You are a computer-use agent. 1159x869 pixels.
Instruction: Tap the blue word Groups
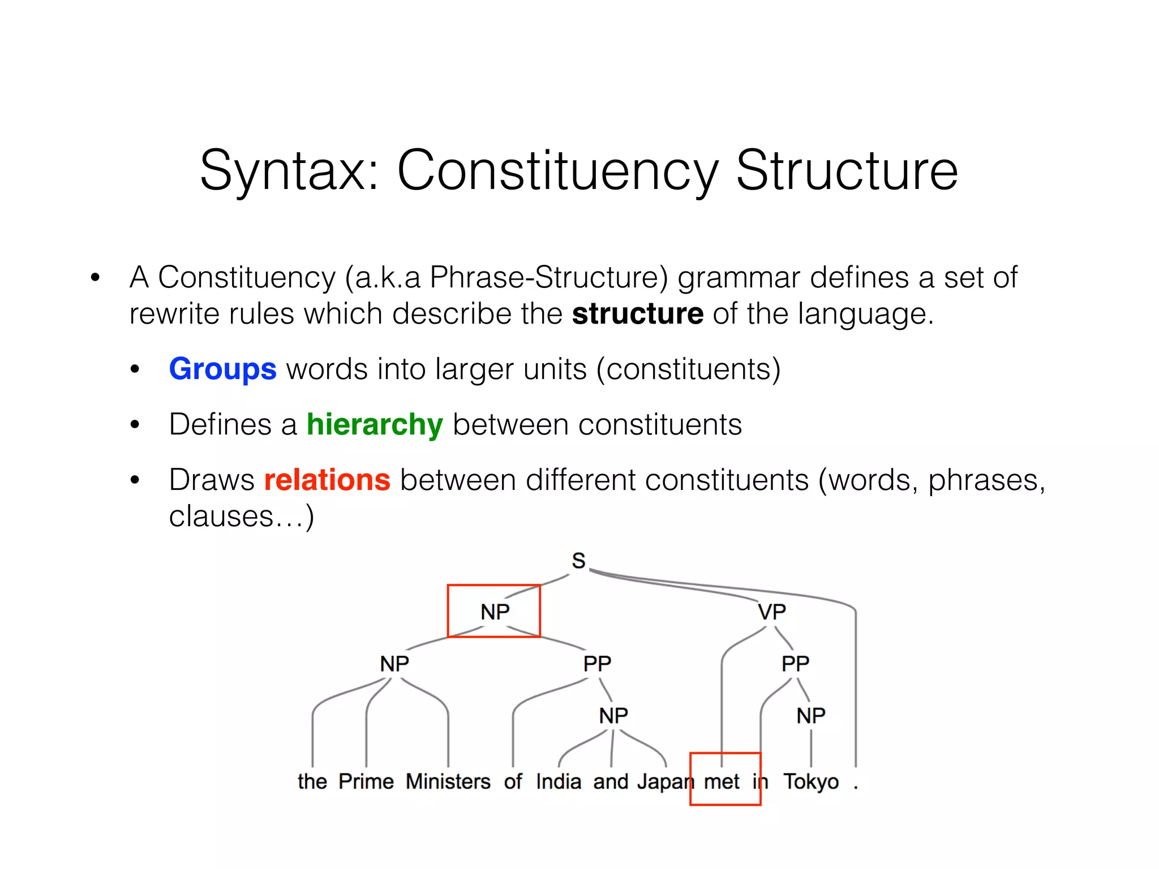coord(222,369)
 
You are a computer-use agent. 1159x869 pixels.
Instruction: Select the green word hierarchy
coord(374,424)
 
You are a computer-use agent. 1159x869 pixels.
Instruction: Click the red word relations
coord(327,480)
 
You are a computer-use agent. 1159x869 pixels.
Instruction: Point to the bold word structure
coord(638,313)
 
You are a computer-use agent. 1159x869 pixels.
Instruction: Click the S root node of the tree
coord(578,561)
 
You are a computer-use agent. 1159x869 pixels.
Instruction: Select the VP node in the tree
coord(772,612)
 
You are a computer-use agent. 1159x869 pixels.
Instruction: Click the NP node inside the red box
coord(495,612)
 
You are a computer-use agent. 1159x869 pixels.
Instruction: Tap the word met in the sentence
coord(722,781)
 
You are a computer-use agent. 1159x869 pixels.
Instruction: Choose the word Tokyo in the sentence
coord(811,781)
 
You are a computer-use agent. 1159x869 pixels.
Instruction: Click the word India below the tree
coord(559,781)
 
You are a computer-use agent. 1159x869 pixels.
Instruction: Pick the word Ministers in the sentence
coord(448,781)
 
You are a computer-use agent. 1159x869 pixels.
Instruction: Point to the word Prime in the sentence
coord(366,781)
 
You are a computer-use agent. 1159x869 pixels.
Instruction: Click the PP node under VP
coord(795,663)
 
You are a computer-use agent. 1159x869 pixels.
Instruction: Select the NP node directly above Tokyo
coord(811,716)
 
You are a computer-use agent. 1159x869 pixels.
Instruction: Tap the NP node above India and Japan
coord(613,716)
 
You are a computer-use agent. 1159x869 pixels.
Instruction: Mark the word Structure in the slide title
coord(847,170)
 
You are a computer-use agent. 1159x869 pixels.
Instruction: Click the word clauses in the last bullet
coord(221,516)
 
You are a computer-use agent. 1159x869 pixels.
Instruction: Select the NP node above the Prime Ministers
coord(394,663)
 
